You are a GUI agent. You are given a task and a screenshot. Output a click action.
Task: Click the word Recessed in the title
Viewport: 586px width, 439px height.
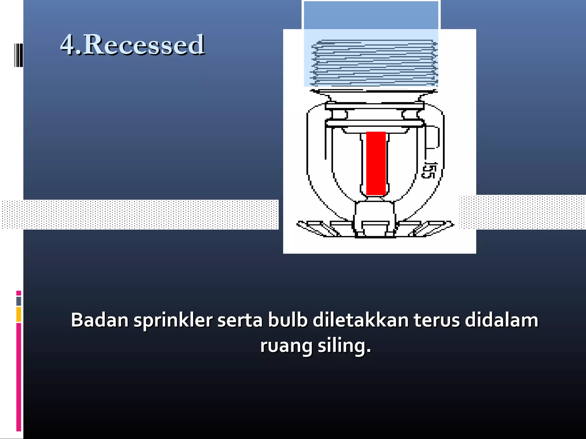pyautogui.click(x=144, y=45)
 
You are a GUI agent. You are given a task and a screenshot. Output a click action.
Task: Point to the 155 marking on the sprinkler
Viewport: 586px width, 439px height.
pyautogui.click(x=429, y=170)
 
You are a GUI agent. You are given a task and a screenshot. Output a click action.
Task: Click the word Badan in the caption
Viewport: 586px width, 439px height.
pyautogui.click(x=100, y=320)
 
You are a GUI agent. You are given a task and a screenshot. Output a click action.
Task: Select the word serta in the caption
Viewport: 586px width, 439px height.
pyautogui.click(x=240, y=320)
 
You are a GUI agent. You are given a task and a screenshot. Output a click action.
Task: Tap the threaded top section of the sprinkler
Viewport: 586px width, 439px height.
pyautogui.click(x=374, y=63)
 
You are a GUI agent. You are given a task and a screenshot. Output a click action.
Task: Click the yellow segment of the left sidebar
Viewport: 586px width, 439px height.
pyautogui.click(x=19, y=314)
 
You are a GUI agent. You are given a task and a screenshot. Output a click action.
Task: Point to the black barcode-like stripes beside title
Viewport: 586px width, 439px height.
pyautogui.click(x=18, y=55)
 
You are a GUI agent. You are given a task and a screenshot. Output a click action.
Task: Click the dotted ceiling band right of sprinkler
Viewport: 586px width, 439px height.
pyautogui.click(x=522, y=212)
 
